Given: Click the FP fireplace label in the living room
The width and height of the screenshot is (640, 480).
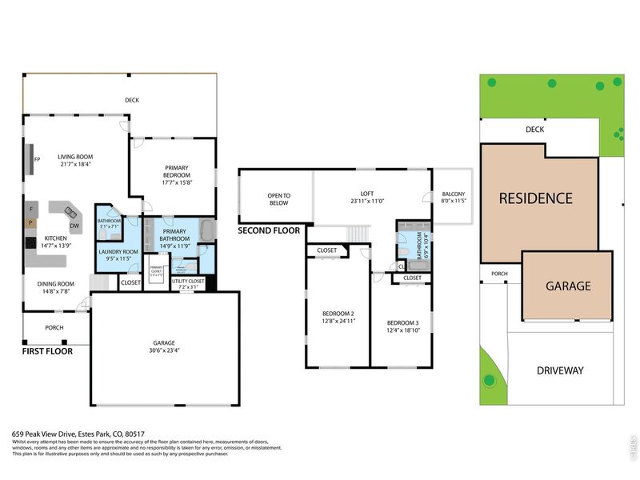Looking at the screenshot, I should click(38, 158).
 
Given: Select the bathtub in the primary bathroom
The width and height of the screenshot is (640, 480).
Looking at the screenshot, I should click(206, 233).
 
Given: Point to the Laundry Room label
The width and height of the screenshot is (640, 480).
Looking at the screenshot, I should click(118, 252).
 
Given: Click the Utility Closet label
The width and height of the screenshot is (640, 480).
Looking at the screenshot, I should click(188, 281).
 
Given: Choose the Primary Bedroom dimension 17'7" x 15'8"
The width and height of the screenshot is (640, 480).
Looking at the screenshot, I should click(178, 182).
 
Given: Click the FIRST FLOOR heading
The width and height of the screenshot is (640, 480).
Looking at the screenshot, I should click(46, 351).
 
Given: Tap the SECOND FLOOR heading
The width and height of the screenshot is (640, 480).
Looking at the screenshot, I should click(269, 230).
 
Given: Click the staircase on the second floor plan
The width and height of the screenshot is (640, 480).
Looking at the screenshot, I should click(357, 233).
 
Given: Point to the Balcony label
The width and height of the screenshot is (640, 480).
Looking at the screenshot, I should click(453, 194).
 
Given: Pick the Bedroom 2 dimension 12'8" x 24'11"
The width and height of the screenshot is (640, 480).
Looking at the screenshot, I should click(338, 321).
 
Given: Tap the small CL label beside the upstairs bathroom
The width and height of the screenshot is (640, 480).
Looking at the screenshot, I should click(402, 266).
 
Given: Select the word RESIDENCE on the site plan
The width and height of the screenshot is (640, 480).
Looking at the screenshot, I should click(536, 198).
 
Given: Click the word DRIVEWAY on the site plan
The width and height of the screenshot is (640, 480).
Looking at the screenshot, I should click(560, 370).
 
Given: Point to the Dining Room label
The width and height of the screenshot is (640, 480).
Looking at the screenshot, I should click(56, 283).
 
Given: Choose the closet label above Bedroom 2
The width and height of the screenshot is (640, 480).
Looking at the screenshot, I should click(326, 250).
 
